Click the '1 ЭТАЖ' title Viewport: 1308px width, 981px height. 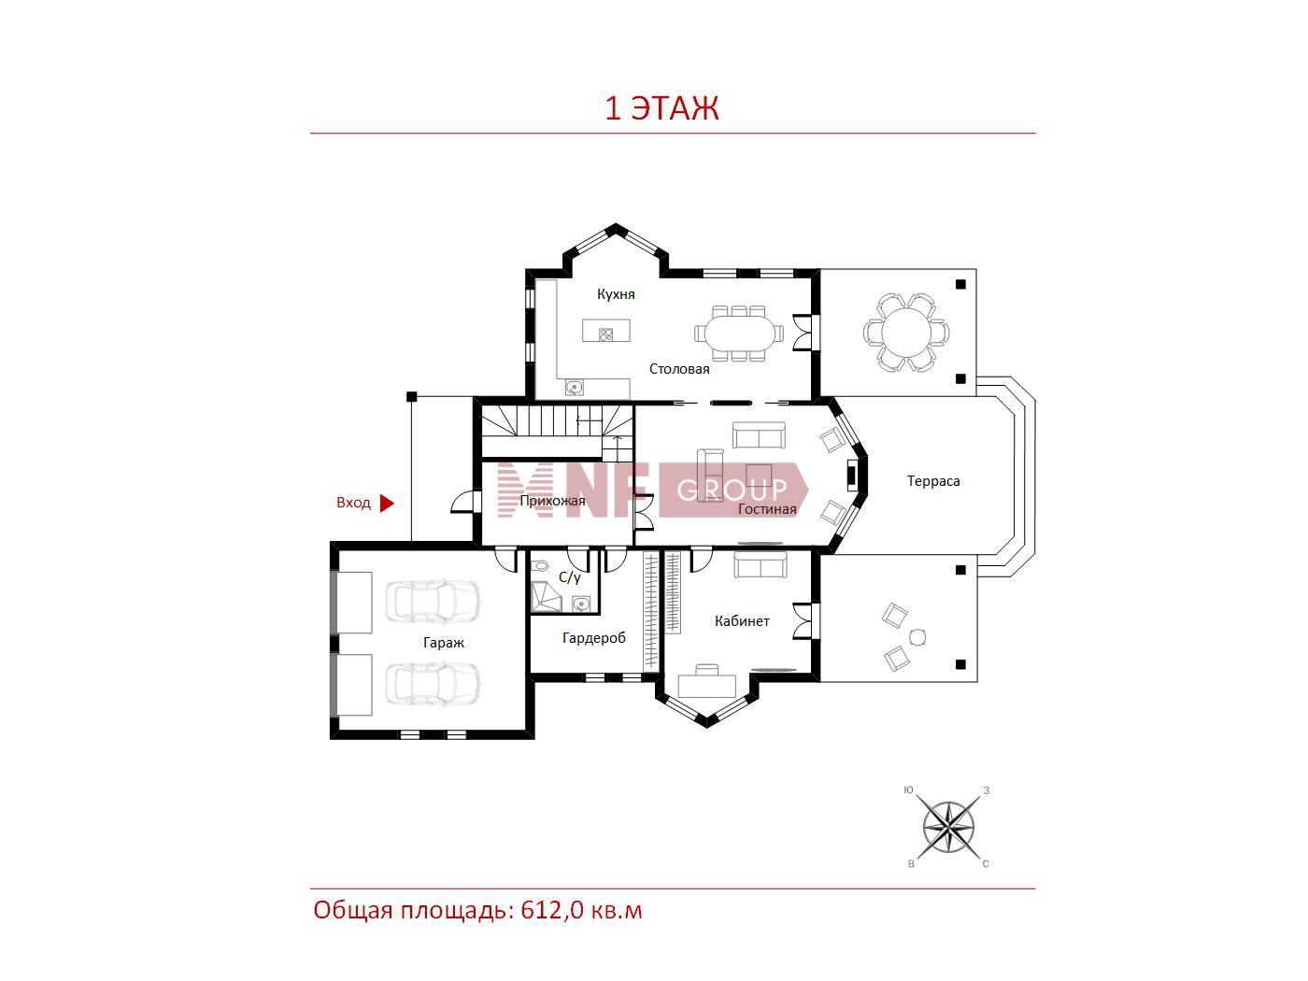pos(661,108)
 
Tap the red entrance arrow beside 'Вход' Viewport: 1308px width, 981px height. pos(387,504)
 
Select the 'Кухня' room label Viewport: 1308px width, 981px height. pos(616,294)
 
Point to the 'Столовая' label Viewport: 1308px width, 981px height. pos(679,369)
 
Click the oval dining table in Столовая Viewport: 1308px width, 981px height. pos(739,333)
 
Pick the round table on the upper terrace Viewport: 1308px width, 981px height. pos(905,333)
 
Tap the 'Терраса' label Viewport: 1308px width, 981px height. pos(933,481)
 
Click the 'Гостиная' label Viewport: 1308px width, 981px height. pos(767,509)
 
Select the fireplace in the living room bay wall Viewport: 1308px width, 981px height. pos(853,475)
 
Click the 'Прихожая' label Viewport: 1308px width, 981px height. pos(552,501)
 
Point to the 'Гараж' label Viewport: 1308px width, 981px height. pos(444,643)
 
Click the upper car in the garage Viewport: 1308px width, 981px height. pos(432,602)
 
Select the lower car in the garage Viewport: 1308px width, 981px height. pos(432,684)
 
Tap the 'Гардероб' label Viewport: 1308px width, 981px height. pos(594,638)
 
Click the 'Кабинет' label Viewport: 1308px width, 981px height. pos(742,621)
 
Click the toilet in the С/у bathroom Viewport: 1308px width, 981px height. pos(539,566)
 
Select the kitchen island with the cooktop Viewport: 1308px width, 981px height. pos(606,330)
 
